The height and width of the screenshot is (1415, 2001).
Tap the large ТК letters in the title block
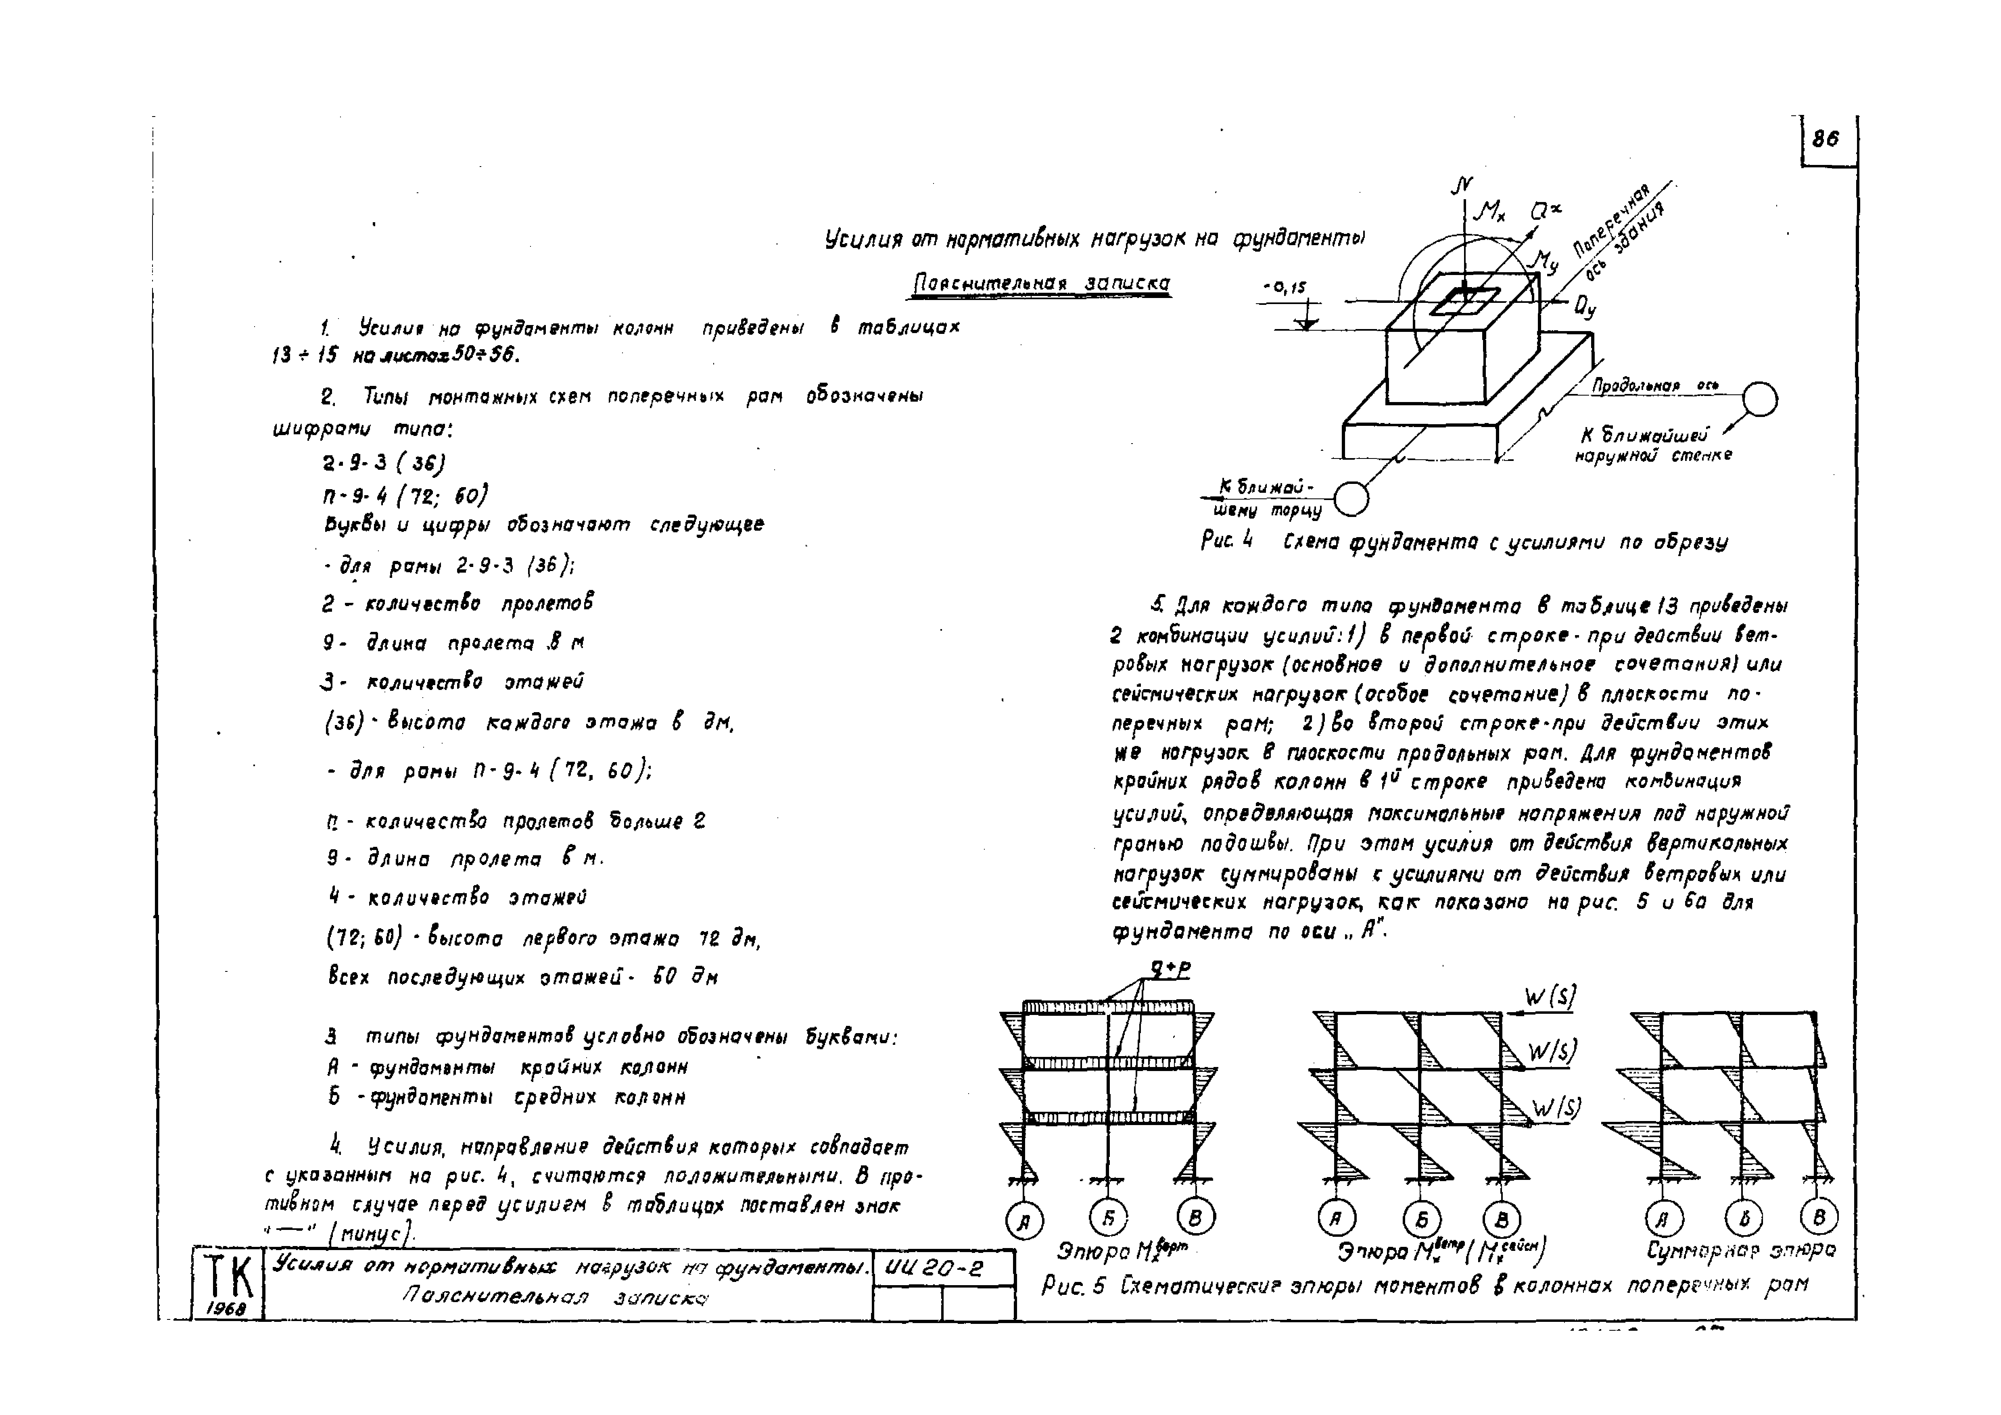(x=228, y=1276)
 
